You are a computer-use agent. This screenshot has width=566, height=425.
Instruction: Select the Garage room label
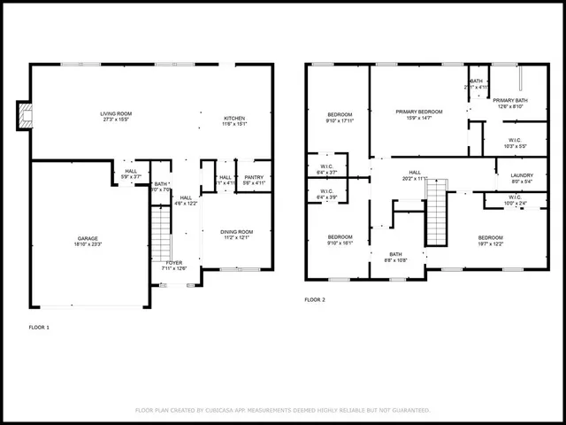[87, 240]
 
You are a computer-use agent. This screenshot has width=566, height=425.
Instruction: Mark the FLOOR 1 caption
[40, 327]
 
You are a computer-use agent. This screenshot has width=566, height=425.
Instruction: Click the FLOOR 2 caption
[316, 300]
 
